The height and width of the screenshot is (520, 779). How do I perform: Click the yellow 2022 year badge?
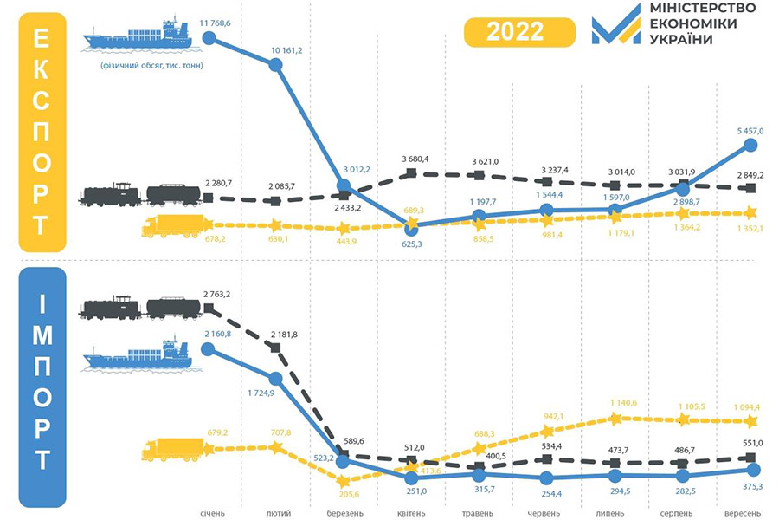click(x=514, y=32)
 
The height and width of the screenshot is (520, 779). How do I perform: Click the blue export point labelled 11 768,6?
click(x=209, y=37)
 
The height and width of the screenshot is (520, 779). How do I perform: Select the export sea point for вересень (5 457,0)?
click(x=750, y=146)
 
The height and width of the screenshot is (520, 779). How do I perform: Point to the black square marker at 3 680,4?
click(x=412, y=173)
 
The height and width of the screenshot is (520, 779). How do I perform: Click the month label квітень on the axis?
click(x=412, y=511)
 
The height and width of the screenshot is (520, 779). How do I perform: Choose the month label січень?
click(x=212, y=511)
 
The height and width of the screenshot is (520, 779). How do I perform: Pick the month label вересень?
click(x=747, y=511)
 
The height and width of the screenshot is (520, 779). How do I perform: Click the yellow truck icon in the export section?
click(x=173, y=227)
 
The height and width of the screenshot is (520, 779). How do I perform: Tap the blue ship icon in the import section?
click(x=138, y=355)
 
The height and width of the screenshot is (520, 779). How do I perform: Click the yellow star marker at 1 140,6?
click(x=615, y=418)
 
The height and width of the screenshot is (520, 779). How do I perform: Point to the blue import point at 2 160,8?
click(x=208, y=348)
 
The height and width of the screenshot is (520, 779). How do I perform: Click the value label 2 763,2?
click(x=216, y=296)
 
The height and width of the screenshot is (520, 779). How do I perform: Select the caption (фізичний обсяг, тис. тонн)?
click(x=145, y=63)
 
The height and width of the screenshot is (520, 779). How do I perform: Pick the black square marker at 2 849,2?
click(x=750, y=187)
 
